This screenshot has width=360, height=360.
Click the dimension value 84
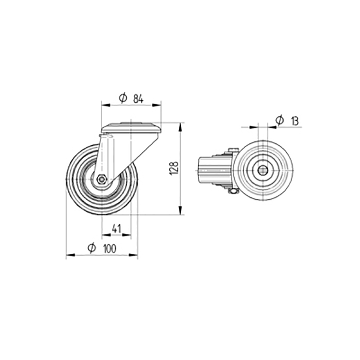(138, 98)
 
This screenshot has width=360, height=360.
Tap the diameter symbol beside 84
(123, 98)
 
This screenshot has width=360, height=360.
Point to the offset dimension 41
(116, 229)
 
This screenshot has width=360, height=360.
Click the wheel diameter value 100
(109, 248)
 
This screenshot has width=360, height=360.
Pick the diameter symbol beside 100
(92, 248)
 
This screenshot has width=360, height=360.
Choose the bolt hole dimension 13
(295, 120)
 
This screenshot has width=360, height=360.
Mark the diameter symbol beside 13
(280, 120)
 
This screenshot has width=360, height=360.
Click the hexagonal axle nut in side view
(102, 179)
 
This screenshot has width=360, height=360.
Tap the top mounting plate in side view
(131, 128)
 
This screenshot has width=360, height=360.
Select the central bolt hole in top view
(263, 170)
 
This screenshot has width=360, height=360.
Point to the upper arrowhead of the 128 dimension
(180, 126)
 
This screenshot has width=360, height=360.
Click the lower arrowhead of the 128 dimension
(180, 211)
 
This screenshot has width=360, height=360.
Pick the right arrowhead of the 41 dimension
(128, 235)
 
